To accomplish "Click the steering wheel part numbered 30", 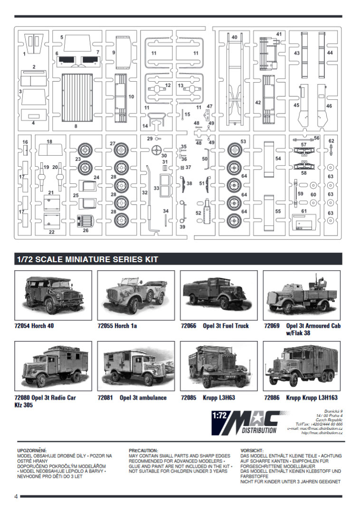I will coord(156,151).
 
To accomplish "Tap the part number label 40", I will coord(234,37).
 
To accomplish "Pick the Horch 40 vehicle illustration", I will coord(53,295).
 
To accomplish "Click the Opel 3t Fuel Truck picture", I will coord(218,295).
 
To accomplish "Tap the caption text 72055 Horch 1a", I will coord(116,326).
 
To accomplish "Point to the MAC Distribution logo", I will coord(245,422).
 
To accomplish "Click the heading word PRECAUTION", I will coord(143,450).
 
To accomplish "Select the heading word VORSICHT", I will coord(251,450).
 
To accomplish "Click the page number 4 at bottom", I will coord(16,497).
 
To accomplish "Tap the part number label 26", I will coord(86,231).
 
